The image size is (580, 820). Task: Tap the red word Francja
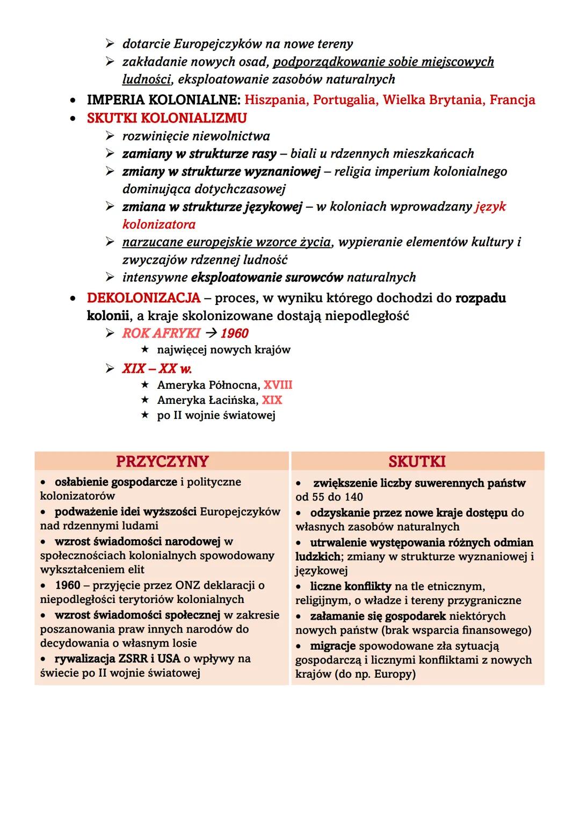pyautogui.click(x=512, y=100)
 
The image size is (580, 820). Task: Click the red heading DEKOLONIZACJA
pyautogui.click(x=143, y=298)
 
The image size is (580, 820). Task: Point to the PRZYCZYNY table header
pyautogui.click(x=162, y=461)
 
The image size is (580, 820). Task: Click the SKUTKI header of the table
pyautogui.click(x=417, y=461)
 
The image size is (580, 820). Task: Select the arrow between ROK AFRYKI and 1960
pyautogui.click(x=211, y=333)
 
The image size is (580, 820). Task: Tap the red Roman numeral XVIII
pyautogui.click(x=278, y=385)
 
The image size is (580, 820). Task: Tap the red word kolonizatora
pyautogui.click(x=158, y=224)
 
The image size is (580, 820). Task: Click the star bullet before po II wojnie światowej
pyautogui.click(x=144, y=416)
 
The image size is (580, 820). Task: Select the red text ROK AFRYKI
pyautogui.click(x=161, y=333)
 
